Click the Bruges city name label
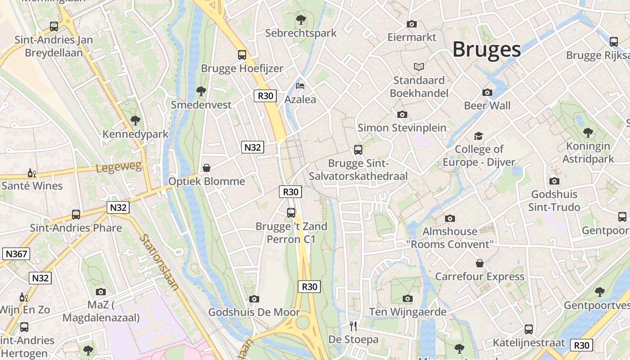[x=486, y=49]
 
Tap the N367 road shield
[x=17, y=254]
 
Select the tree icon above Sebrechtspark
[x=301, y=20]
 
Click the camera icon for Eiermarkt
[x=412, y=24]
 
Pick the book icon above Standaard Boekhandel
[x=419, y=67]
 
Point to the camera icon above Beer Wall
[x=487, y=92]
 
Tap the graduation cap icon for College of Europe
[x=478, y=136]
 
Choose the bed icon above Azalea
[x=300, y=86]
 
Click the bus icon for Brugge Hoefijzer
[x=242, y=55]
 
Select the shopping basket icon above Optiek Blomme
[x=207, y=168]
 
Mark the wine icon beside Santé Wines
[x=31, y=173]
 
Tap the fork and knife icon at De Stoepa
[x=353, y=326]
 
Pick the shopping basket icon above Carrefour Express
[x=480, y=263]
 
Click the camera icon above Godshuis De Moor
[x=254, y=299]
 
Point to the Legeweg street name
[x=119, y=168]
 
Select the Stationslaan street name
[x=159, y=262]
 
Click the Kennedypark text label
[x=135, y=134]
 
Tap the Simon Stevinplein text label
[x=402, y=128]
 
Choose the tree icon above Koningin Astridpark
[x=588, y=132]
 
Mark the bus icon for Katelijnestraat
[x=529, y=329]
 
